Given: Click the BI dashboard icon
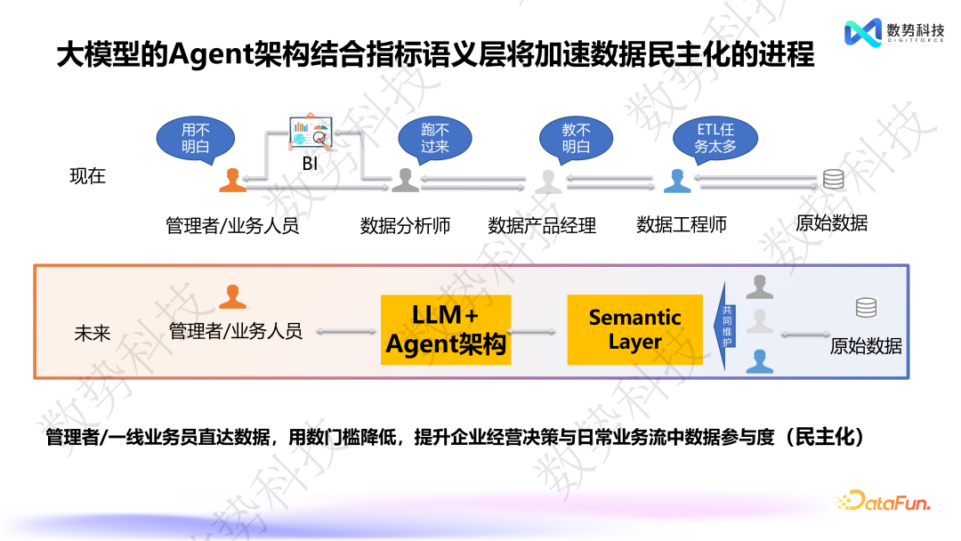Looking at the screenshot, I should pos(309,134).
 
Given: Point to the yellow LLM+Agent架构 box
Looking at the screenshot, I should pos(446,329).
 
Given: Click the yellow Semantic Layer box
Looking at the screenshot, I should pos(634,329).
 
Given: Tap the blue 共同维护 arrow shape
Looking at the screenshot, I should pos(727,326).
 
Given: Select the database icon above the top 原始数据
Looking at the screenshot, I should pos(833,179).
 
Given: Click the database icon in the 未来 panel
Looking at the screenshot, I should pos(866,308).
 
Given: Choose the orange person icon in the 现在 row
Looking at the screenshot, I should pos(232,180).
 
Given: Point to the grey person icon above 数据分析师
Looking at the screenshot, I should pos(405,180).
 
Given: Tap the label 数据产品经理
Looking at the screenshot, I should pos(542,225).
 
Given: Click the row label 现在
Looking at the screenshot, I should pos(88,175).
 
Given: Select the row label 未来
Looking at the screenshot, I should pos(92,334).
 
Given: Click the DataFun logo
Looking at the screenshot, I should pos(883,501).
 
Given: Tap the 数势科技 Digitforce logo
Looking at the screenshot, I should pos(893,32).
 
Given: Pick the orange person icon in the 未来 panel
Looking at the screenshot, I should pos(232,296).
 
